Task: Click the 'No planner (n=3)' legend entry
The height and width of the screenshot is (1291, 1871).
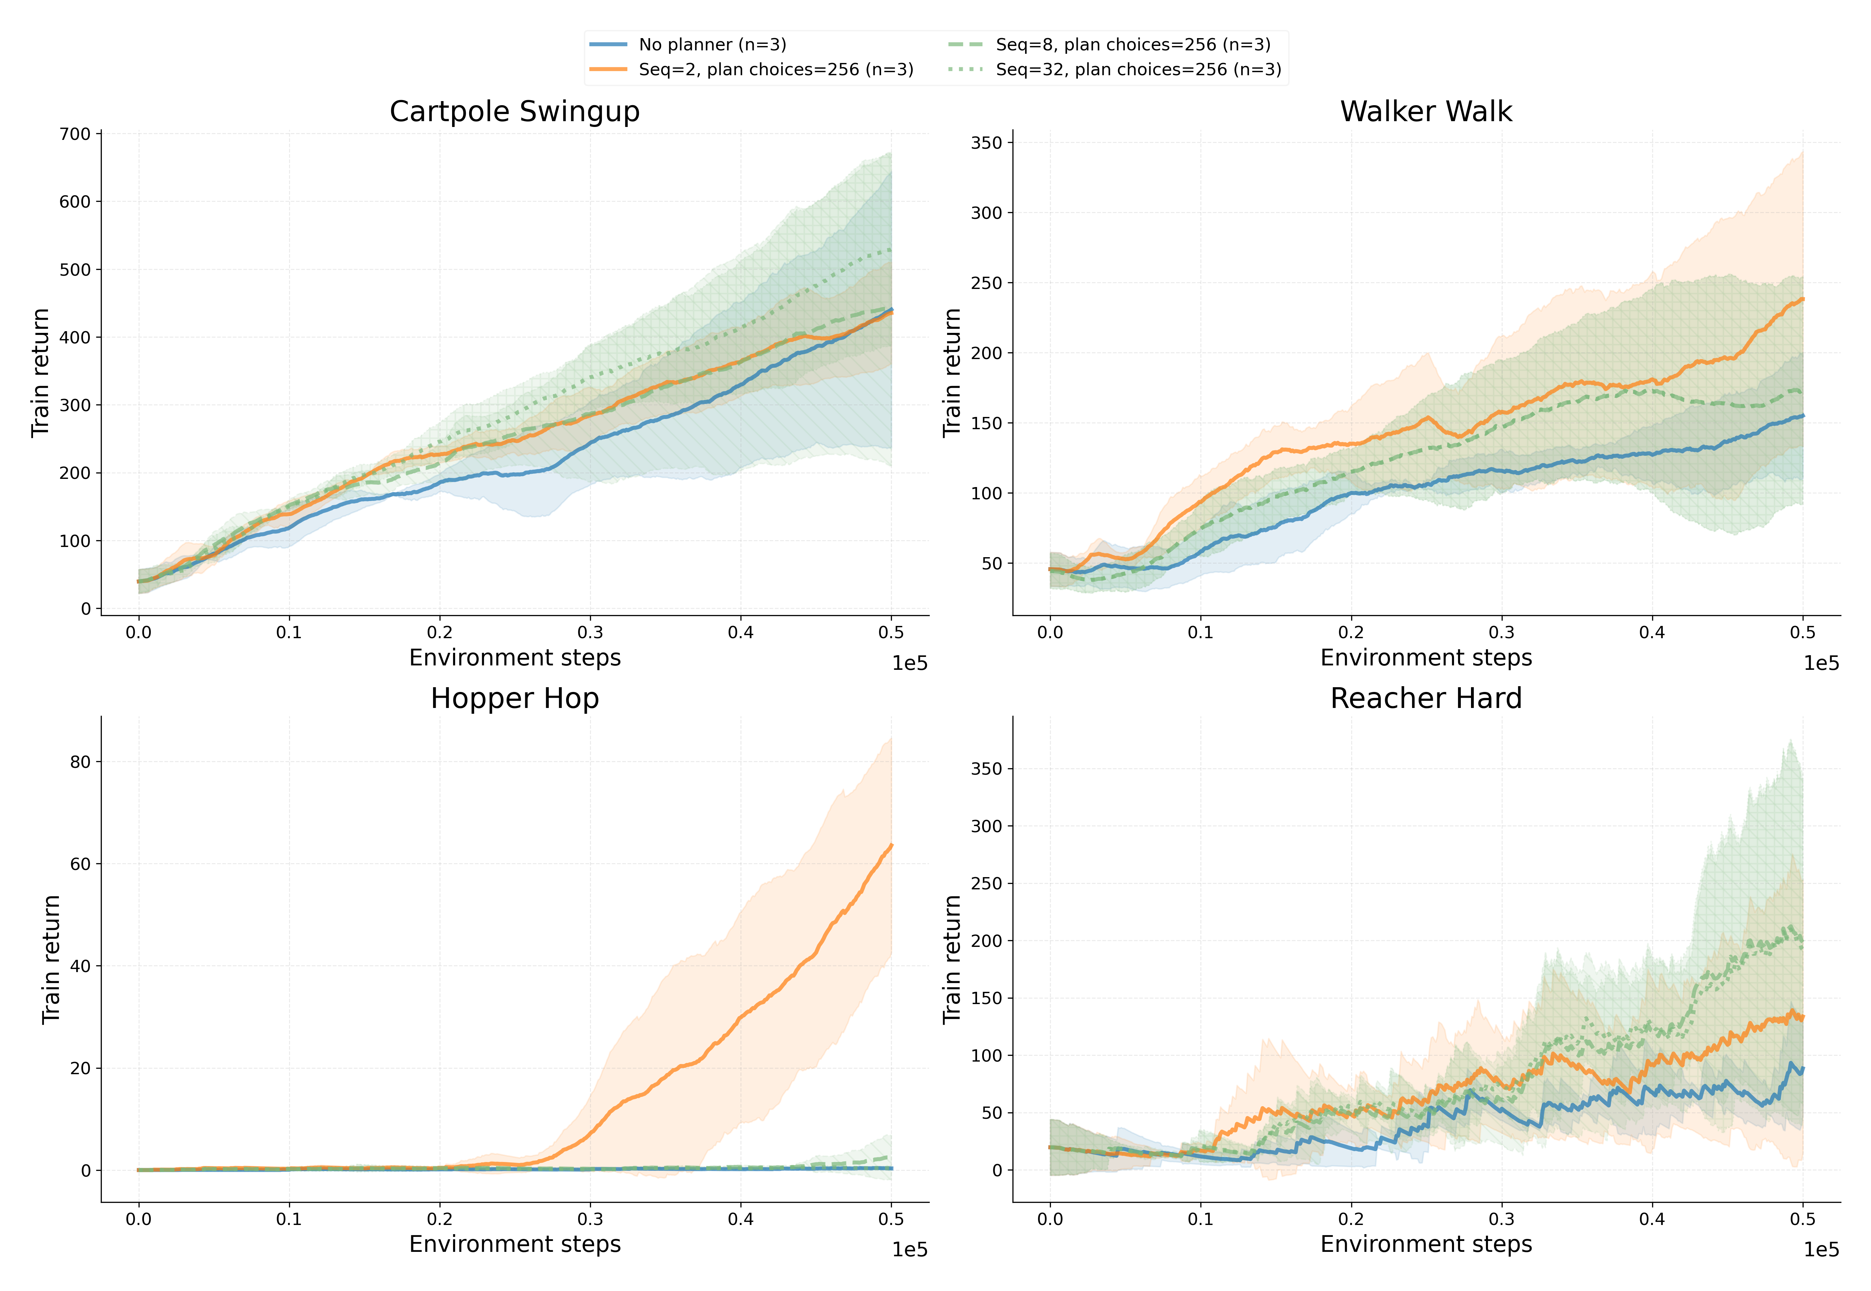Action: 712,45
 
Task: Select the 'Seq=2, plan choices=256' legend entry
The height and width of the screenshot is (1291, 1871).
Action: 775,69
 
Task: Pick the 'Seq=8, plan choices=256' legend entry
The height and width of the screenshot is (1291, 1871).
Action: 1133,45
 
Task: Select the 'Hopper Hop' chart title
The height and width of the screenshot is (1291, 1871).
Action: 514,698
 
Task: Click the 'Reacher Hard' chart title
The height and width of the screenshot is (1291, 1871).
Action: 1425,698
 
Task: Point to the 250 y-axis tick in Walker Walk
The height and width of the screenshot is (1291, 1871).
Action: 986,283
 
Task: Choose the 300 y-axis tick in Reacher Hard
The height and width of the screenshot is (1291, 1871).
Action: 986,826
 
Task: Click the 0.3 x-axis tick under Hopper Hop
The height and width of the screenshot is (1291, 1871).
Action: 590,1219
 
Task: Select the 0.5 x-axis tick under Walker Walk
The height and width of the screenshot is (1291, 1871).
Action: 1802,632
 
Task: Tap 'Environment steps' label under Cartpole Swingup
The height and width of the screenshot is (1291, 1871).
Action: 514,658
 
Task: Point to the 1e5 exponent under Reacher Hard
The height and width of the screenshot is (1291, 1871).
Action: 1821,1250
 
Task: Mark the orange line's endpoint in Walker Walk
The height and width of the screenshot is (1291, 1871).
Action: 1802,299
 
